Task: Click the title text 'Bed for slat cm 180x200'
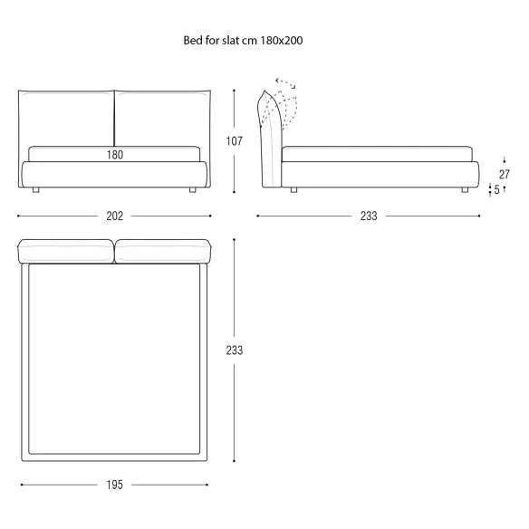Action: pyautogui.click(x=243, y=41)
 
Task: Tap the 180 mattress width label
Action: pyautogui.click(x=115, y=155)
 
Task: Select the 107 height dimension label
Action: pyautogui.click(x=235, y=141)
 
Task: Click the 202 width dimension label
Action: pyautogui.click(x=115, y=216)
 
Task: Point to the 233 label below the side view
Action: pyautogui.click(x=369, y=216)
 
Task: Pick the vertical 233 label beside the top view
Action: pyautogui.click(x=235, y=351)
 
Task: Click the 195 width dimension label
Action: pyautogui.click(x=115, y=485)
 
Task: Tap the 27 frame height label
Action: pyautogui.click(x=505, y=175)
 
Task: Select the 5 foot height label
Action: pyautogui.click(x=496, y=189)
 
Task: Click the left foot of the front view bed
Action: pyautogui.click(x=35, y=190)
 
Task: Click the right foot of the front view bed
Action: pyautogui.click(x=193, y=190)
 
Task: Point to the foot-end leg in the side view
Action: pyautogui.click(x=465, y=190)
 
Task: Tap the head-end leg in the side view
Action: pyautogui.click(x=293, y=190)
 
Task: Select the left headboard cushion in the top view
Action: pyautogui.click(x=65, y=251)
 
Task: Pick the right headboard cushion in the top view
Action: pyautogui.click(x=163, y=251)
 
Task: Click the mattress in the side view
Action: pyautogui.click(x=377, y=154)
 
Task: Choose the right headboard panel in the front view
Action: pyautogui.click(x=163, y=118)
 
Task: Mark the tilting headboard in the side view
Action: pyautogui.click(x=271, y=141)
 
